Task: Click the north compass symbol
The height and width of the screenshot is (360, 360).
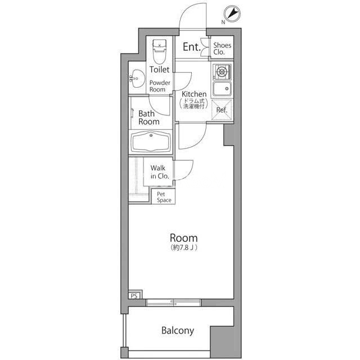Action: [x=232, y=13]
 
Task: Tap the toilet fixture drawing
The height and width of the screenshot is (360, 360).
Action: [x=159, y=52]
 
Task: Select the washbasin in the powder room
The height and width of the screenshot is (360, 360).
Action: [x=137, y=79]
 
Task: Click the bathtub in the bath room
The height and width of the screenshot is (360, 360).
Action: [x=151, y=142]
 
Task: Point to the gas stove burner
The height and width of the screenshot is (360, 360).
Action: [x=222, y=72]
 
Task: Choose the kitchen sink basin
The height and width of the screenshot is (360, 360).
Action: [x=222, y=89]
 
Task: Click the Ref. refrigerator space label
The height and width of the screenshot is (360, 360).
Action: [x=222, y=110]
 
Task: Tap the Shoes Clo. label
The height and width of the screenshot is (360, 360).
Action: [x=222, y=49]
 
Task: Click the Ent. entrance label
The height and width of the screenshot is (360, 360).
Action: [x=192, y=47]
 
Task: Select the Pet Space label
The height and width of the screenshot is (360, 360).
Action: [x=164, y=197]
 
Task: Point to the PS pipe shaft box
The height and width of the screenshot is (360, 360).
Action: [x=134, y=296]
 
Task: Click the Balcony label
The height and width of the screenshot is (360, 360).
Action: [x=178, y=331]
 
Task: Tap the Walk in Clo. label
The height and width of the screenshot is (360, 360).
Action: [x=160, y=172]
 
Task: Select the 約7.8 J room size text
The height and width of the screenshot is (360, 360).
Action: [x=184, y=247]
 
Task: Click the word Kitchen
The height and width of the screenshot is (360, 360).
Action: [x=194, y=94]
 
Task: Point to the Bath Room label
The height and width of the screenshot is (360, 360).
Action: [x=148, y=118]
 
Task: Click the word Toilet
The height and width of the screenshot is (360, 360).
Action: [x=159, y=69]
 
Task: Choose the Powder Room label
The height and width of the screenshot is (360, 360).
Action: [x=160, y=86]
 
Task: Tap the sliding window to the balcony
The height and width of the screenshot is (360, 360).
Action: [x=174, y=303]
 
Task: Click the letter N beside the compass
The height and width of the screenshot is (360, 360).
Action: [x=223, y=22]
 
